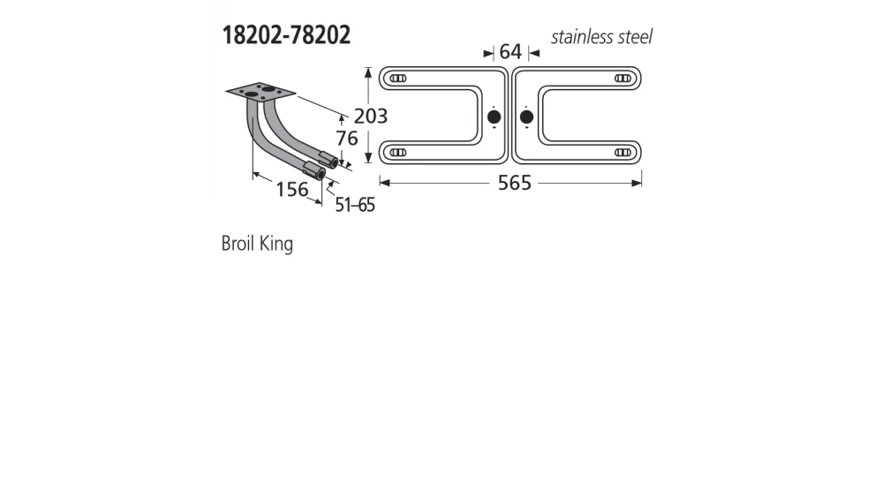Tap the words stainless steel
[601, 37]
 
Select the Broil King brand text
[257, 244]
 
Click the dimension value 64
[510, 52]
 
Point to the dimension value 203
[371, 116]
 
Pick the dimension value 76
[346, 139]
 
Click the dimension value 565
[515, 183]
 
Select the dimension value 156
[291, 189]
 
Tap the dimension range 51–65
[355, 205]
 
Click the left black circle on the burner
[494, 117]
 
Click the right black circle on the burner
[527, 117]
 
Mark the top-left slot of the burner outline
[398, 79]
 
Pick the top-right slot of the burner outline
[623, 79]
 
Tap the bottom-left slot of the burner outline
[398, 153]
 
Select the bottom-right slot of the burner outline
[623, 153]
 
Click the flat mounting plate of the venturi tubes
[260, 91]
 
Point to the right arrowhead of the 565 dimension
[638, 183]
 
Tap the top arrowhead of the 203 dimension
[367, 72]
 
